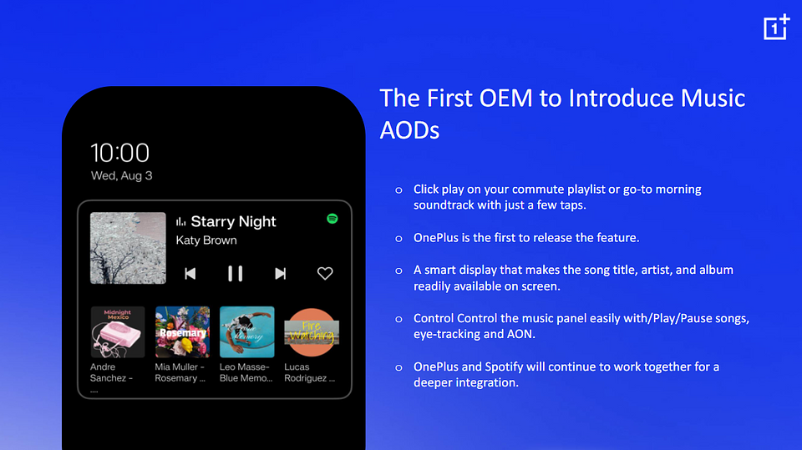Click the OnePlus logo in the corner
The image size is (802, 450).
(x=776, y=27)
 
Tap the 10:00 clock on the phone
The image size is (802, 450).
(x=120, y=153)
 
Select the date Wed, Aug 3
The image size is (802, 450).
(x=122, y=175)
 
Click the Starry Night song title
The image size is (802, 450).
(x=233, y=221)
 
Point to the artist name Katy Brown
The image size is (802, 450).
(x=206, y=240)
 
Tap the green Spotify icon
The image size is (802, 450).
(x=332, y=219)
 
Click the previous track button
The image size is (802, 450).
(x=190, y=274)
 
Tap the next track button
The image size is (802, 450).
(x=281, y=274)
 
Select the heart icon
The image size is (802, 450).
(x=325, y=274)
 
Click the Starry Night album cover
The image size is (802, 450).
(x=128, y=248)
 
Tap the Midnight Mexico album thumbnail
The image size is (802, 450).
(x=118, y=332)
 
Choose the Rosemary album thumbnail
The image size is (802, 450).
(x=183, y=332)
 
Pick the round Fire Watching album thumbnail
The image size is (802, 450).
(x=312, y=332)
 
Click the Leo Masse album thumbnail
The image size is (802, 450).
(x=247, y=332)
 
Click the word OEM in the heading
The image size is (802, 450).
(x=506, y=99)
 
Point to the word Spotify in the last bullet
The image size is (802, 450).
(x=504, y=367)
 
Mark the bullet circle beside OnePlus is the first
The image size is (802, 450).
(x=399, y=238)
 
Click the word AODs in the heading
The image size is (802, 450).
(x=409, y=130)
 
